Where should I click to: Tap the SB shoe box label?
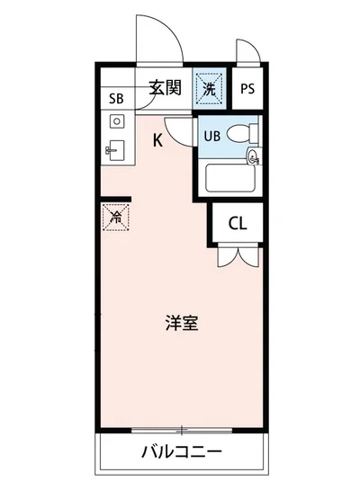pos(116,99)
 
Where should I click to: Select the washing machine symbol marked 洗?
pos(209,88)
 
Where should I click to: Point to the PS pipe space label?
pos(247,90)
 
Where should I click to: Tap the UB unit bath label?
pos(211,136)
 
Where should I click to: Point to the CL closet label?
pos(238,224)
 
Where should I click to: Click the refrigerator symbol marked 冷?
pos(114,216)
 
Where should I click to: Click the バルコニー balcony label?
pos(181,450)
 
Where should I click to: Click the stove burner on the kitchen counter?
pos(116,121)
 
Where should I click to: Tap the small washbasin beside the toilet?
pos(254,158)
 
